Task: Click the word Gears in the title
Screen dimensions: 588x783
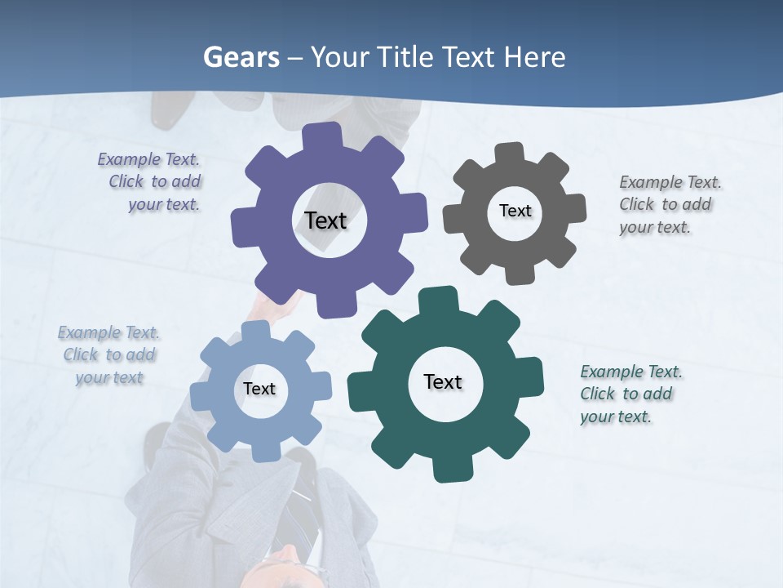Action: [x=241, y=57]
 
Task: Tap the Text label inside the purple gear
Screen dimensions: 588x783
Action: [x=325, y=220]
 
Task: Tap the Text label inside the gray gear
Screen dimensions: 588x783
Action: [x=515, y=211]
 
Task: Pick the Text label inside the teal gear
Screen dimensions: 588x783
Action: [x=443, y=381]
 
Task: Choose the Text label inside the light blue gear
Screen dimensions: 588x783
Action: [x=259, y=389]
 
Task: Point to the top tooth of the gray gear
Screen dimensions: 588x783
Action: [x=509, y=153]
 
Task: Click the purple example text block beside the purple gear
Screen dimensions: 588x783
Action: [x=152, y=181]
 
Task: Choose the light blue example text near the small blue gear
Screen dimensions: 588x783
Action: [x=109, y=354]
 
